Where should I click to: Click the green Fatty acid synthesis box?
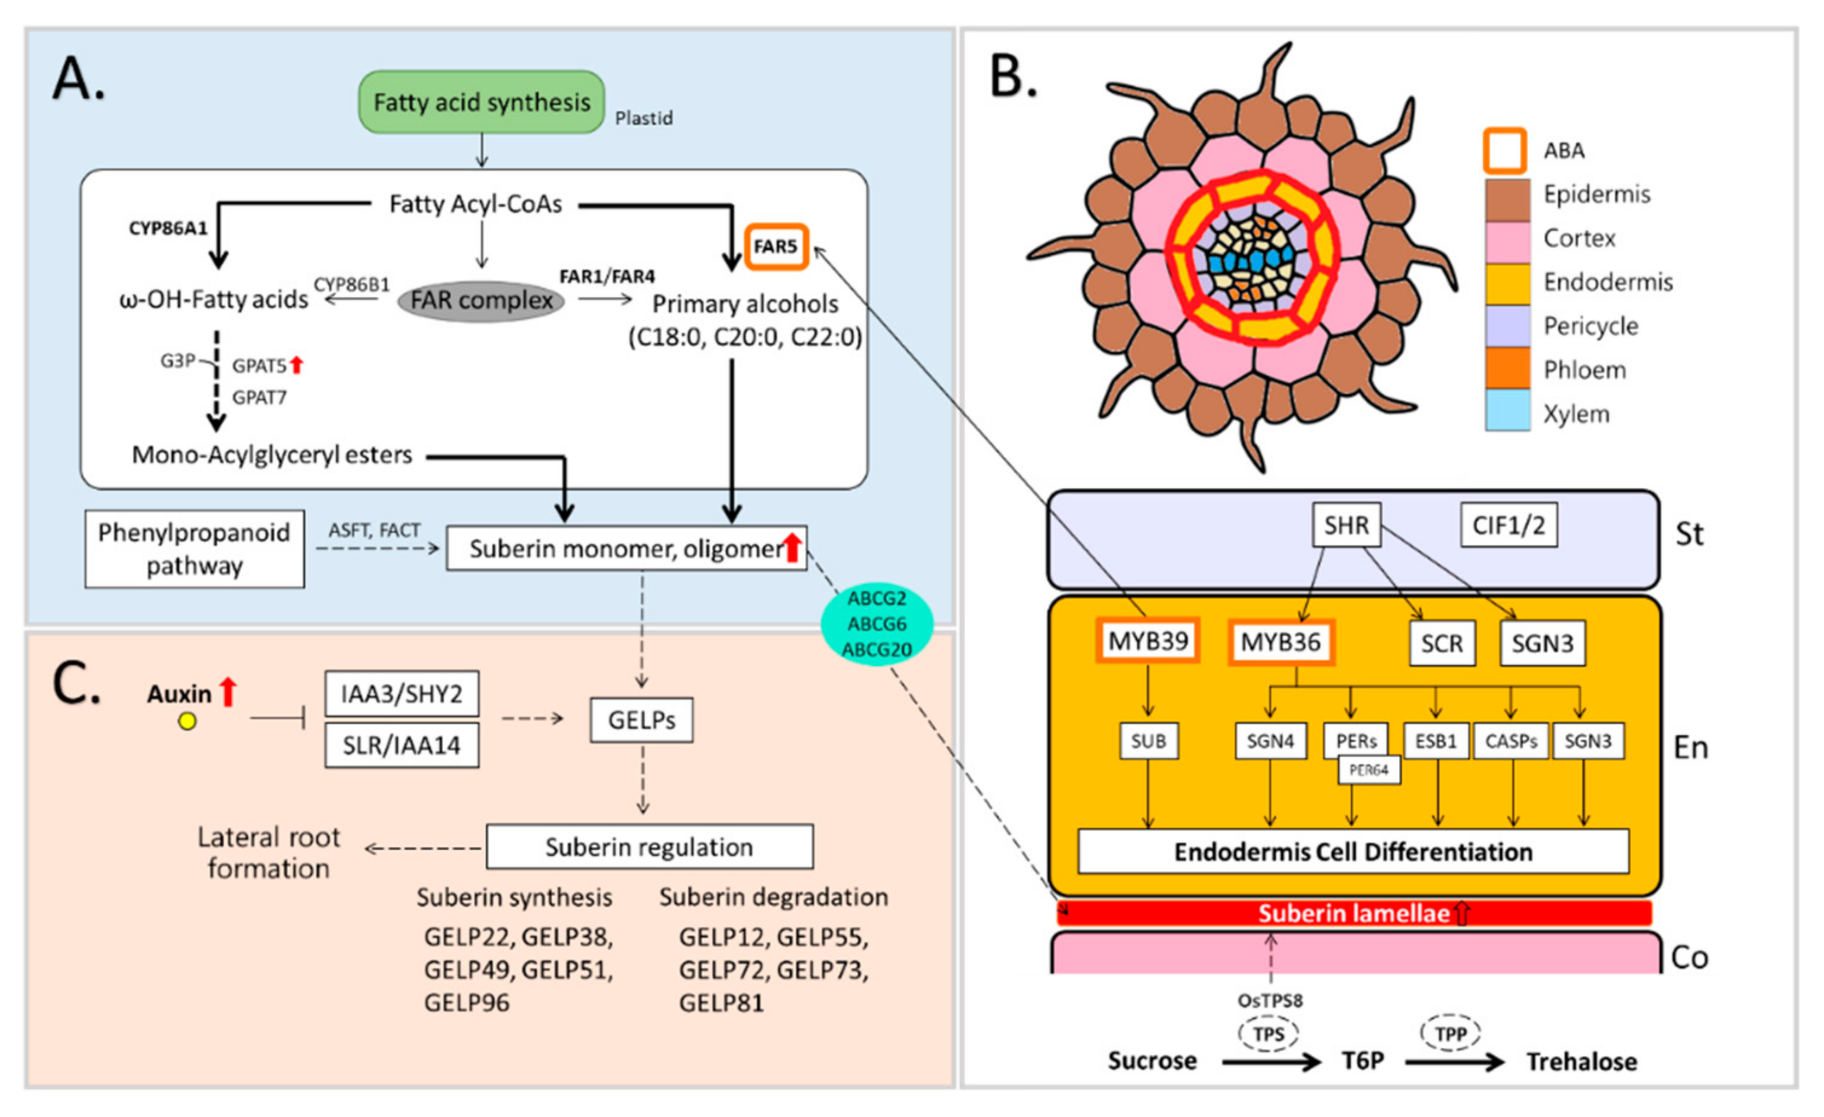click(x=481, y=102)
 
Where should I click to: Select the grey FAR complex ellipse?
click(x=481, y=301)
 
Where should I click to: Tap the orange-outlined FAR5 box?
click(x=775, y=247)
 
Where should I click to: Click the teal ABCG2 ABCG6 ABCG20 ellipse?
click(x=876, y=624)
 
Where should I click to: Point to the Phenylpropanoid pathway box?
click(x=194, y=549)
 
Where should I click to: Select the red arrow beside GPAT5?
click(x=296, y=364)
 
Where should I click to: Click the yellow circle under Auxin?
click(x=187, y=721)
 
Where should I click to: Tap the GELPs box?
click(x=641, y=720)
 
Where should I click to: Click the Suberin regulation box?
click(x=649, y=847)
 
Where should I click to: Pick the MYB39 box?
click(x=1147, y=641)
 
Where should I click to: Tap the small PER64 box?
click(x=1368, y=770)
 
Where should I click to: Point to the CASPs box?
click(x=1511, y=740)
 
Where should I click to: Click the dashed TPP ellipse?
click(x=1450, y=1034)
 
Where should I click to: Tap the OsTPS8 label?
click(x=1269, y=1001)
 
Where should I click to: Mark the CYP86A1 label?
click(x=168, y=228)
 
